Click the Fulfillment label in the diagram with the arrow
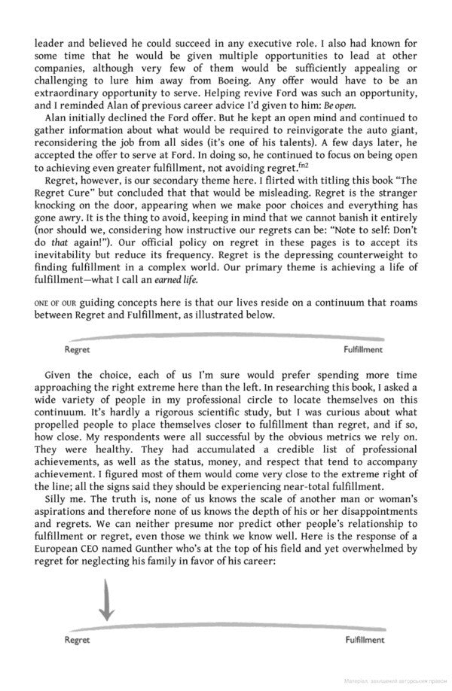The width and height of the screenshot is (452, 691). (x=365, y=639)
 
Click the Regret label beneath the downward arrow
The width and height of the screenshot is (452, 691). (x=77, y=639)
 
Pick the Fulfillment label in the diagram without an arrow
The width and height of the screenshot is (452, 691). (x=363, y=349)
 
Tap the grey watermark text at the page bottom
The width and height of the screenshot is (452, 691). (x=390, y=682)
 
